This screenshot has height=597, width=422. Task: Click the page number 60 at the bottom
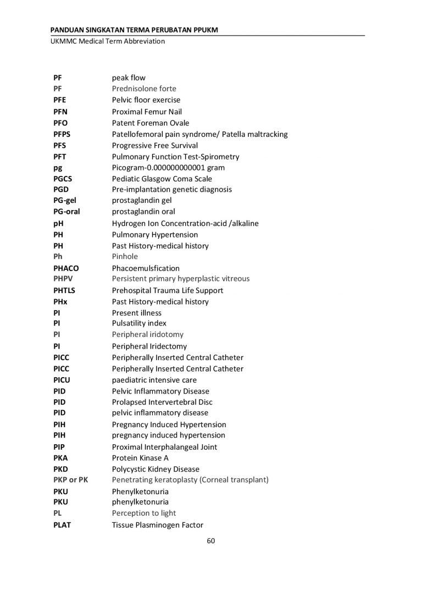tap(210, 541)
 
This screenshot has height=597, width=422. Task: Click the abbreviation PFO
tap(60, 123)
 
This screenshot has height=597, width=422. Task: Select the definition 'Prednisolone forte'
tap(144, 89)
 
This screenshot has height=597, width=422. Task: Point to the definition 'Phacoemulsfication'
tap(146, 268)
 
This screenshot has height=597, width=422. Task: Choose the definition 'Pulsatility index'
tap(139, 323)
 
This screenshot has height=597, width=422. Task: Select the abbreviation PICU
tap(62, 380)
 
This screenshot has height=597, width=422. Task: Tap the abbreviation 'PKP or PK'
tap(71, 480)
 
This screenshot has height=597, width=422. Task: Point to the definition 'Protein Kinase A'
tap(140, 458)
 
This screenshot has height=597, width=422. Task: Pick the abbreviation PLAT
tap(62, 525)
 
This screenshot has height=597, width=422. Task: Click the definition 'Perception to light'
tap(144, 513)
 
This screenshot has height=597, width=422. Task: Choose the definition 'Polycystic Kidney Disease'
tap(156, 469)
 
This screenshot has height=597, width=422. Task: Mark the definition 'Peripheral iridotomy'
tap(148, 334)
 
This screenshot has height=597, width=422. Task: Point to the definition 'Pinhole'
tap(125, 257)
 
